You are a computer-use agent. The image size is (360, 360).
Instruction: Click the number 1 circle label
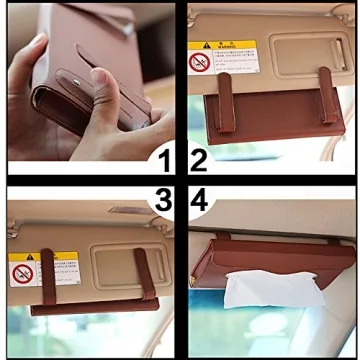(163, 160)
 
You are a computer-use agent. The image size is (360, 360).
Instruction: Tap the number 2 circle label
(197, 160)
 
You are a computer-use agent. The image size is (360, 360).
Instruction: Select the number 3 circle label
(163, 200)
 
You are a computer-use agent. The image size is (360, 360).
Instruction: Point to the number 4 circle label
(198, 200)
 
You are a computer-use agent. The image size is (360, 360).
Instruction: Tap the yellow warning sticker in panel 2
(222, 56)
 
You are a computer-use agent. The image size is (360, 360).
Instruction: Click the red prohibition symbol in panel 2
(199, 62)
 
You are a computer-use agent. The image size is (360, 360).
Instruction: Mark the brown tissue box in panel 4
(270, 264)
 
